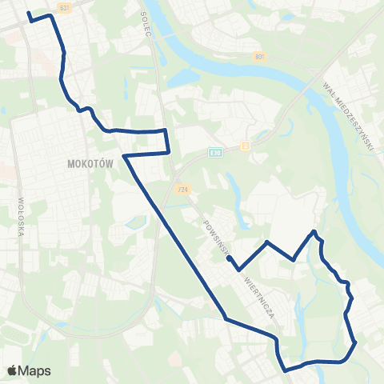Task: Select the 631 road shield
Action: tap(65, 6)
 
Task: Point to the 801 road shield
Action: tap(260, 57)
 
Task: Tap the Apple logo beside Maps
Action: tap(12, 370)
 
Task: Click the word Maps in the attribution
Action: tap(35, 370)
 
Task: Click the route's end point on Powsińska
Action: tap(230, 258)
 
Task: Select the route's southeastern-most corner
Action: tap(354, 345)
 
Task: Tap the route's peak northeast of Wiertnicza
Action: tap(314, 232)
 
